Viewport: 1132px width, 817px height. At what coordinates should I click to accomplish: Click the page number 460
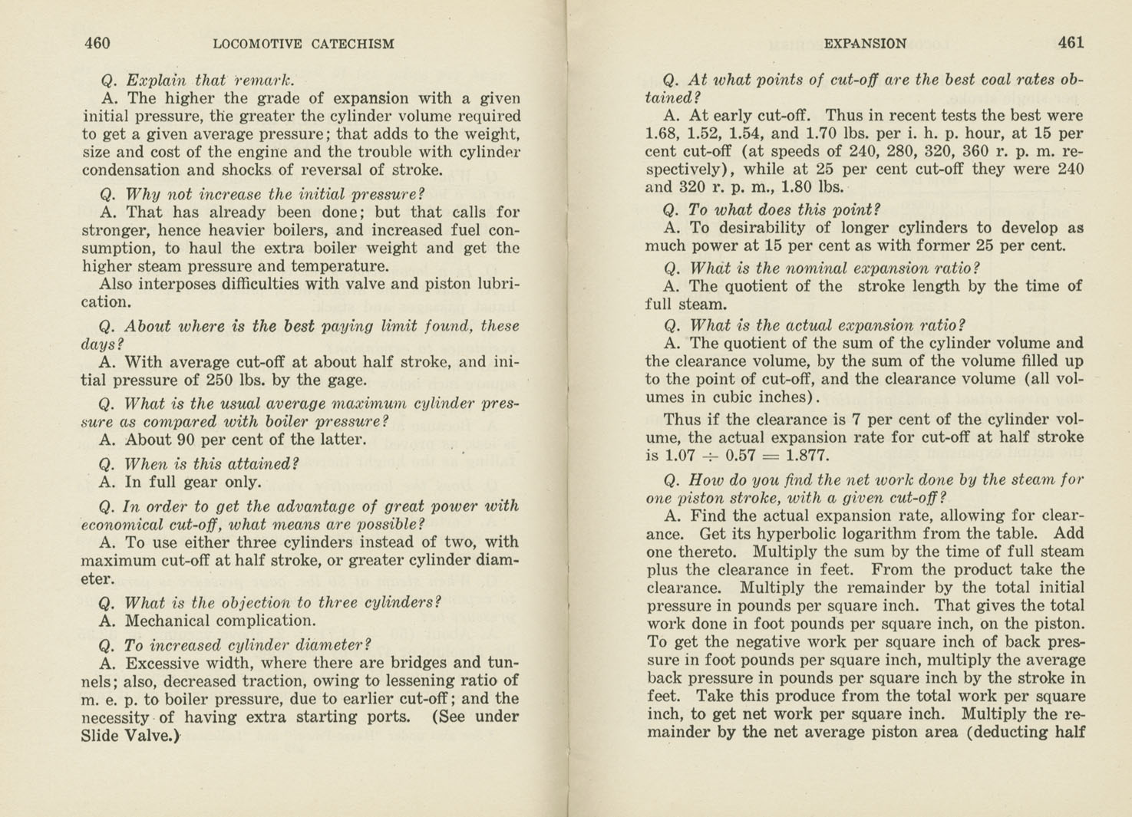[97, 43]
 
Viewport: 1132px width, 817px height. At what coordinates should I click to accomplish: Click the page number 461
[1071, 43]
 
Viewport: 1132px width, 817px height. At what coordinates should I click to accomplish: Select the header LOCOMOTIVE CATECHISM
[303, 44]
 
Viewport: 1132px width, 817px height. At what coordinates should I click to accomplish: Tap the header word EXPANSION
[864, 44]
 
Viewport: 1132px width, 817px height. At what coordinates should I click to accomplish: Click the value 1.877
[807, 456]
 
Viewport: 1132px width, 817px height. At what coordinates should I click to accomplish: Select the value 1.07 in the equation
[680, 456]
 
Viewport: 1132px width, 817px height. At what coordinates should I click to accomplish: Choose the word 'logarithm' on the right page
[873, 534]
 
